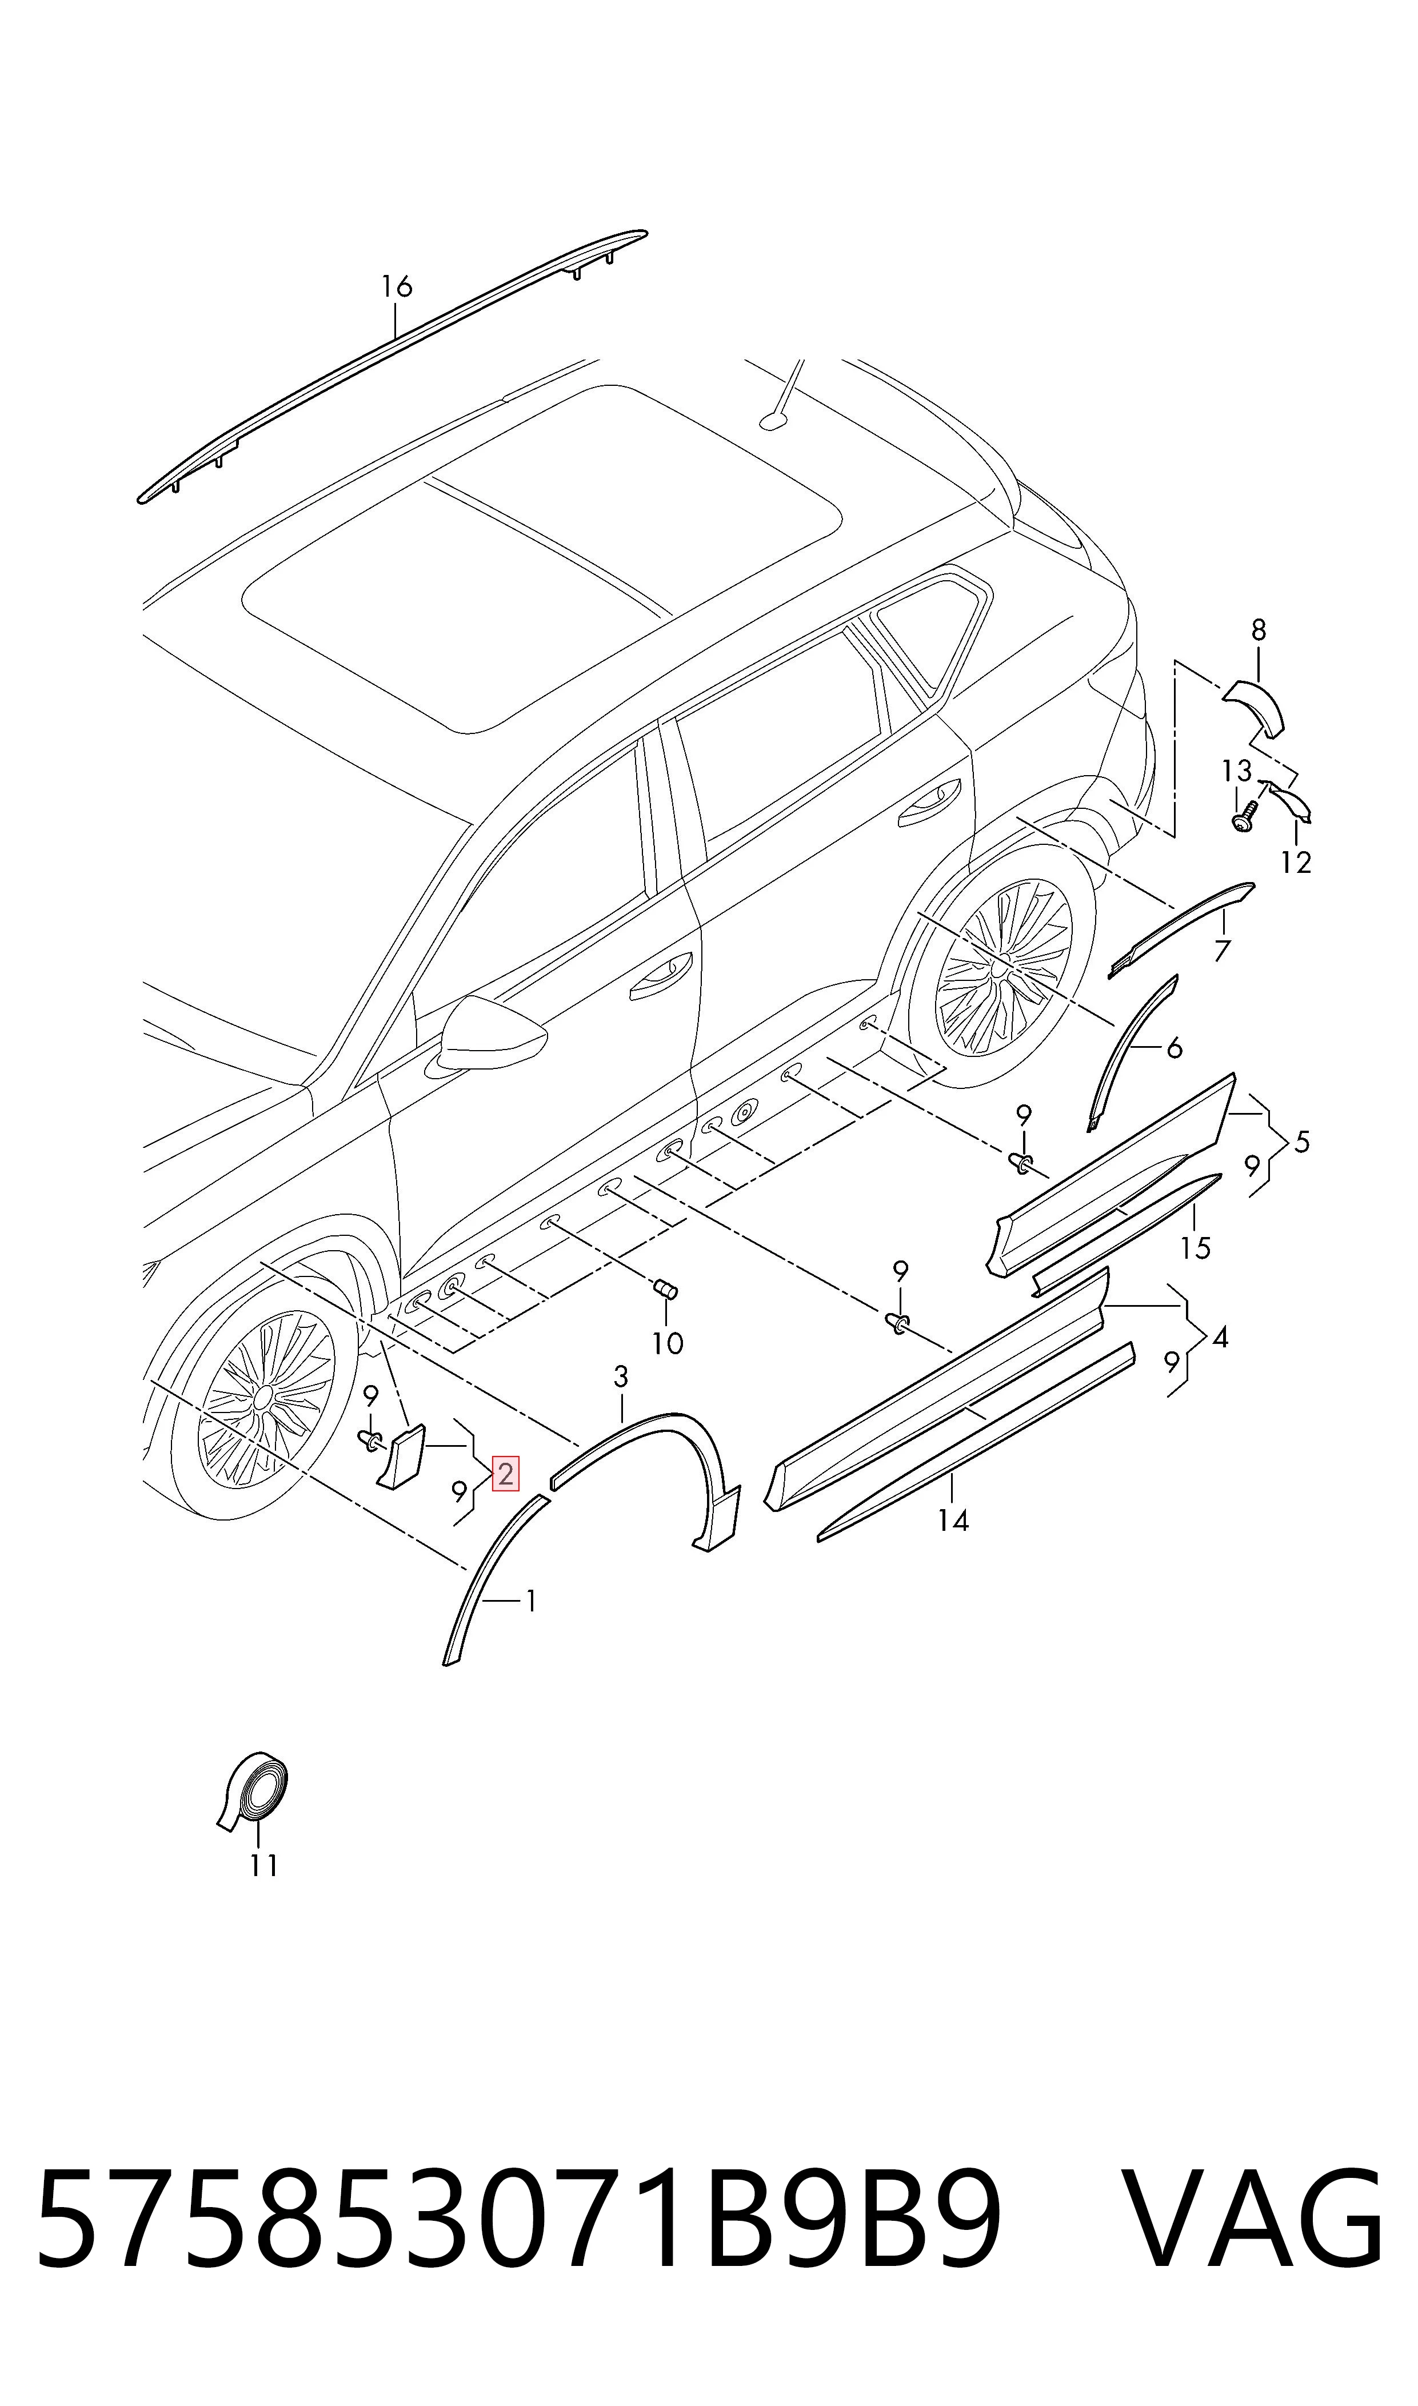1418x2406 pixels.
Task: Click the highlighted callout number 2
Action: click(x=505, y=1474)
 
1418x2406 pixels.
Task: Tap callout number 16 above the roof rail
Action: click(x=397, y=286)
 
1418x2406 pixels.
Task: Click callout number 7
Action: click(x=1222, y=951)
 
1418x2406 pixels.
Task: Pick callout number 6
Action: click(x=1175, y=1048)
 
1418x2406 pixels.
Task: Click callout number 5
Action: click(x=1301, y=1142)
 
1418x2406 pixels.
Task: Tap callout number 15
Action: click(x=1195, y=1248)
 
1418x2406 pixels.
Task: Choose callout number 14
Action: click(x=953, y=1520)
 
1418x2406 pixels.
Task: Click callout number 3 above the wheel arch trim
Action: click(x=621, y=1377)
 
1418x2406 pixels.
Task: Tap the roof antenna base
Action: click(x=772, y=420)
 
